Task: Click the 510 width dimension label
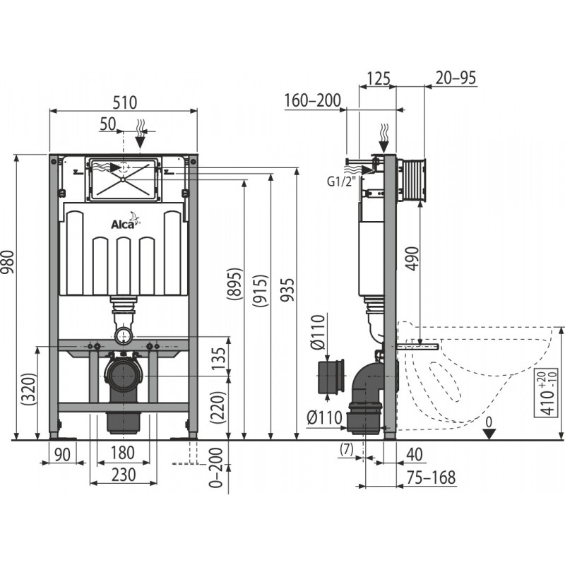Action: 125,102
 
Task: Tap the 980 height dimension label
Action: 8,261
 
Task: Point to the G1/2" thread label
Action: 342,182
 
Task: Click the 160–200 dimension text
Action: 312,100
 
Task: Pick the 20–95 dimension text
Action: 456,78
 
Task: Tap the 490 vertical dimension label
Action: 413,258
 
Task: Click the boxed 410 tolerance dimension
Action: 547,393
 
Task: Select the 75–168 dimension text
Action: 431,477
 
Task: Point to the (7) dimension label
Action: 346,448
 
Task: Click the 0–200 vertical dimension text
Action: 216,468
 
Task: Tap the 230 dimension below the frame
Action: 124,475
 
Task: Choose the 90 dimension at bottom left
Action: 62,455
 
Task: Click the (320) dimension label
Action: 30,389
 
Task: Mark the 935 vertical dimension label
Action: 288,290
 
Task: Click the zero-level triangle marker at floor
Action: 489,434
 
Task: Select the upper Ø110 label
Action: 318,332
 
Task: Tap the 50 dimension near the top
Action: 108,124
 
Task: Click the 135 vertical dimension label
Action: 219,359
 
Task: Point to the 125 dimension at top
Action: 379,78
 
